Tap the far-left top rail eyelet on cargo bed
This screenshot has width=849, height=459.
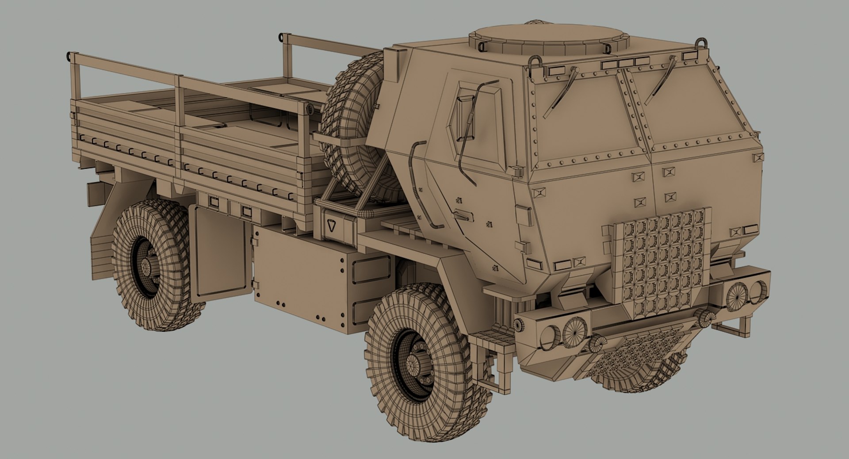(x=69, y=56)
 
